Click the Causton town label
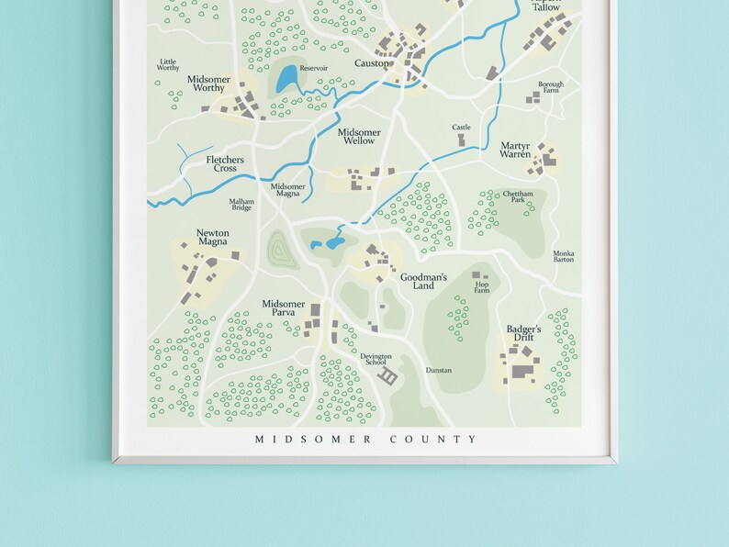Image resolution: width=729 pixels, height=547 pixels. [373, 63]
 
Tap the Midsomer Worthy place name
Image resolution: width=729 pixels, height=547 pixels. [208, 84]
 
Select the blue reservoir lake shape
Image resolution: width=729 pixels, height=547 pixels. [288, 78]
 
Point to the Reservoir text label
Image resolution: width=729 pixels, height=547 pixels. [313, 68]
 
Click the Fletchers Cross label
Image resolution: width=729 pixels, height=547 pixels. [225, 164]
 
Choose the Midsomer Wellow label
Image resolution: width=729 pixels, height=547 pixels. [359, 137]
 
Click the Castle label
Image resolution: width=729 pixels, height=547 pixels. [461, 128]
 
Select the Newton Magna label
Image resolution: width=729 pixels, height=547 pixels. [212, 238]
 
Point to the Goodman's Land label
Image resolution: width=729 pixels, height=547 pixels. [423, 281]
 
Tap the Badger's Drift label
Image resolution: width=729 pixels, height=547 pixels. [524, 333]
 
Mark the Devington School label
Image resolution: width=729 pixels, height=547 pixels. [376, 359]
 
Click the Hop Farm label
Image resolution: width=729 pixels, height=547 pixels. [482, 287]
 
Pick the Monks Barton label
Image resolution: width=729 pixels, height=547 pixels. [564, 256]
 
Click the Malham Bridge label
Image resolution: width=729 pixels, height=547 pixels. [241, 204]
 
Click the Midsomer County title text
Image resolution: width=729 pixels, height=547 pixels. [365, 440]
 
